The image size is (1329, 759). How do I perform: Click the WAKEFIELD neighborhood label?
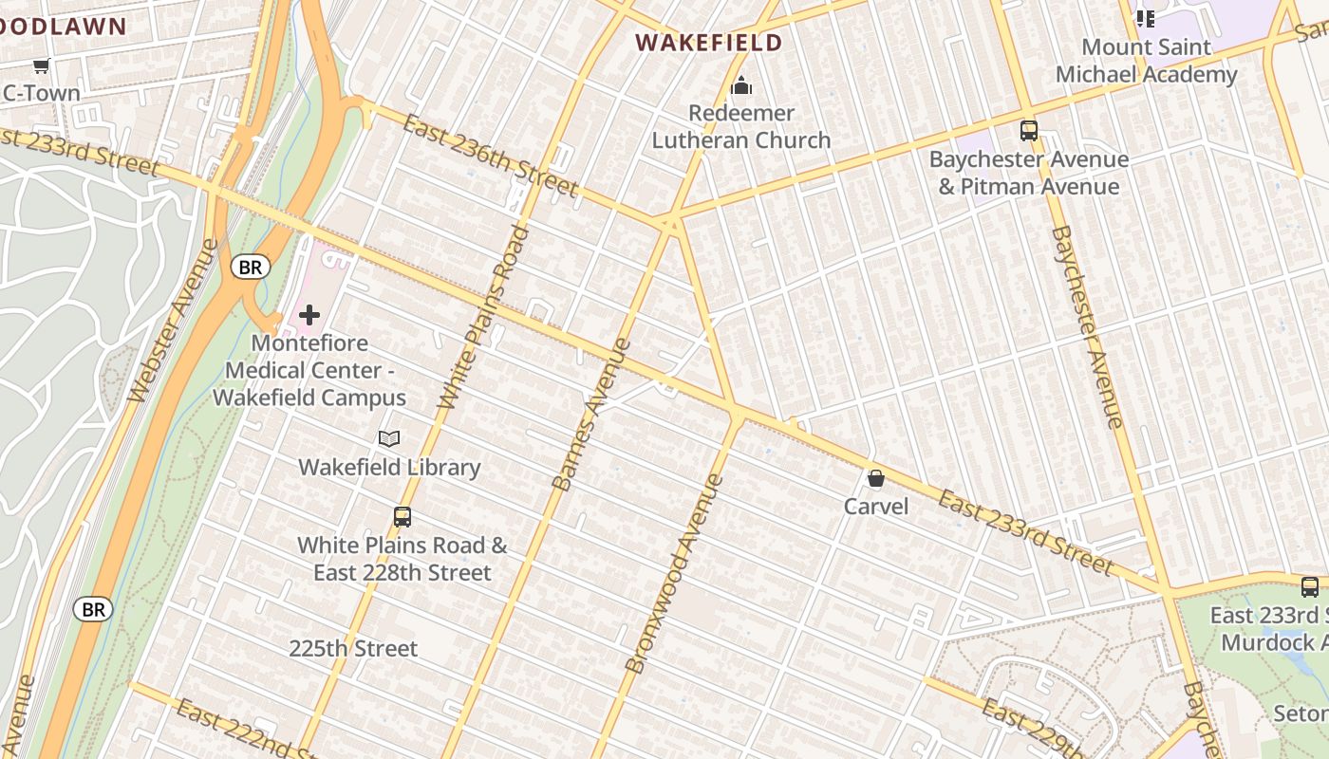(708, 43)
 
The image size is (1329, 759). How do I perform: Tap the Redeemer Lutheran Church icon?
(741, 87)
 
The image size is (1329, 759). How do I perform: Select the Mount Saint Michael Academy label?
(1146, 61)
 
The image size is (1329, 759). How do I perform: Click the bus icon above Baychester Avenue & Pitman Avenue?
(1028, 131)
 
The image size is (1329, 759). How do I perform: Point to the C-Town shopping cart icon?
(41, 66)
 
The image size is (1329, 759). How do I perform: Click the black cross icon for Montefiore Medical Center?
(309, 315)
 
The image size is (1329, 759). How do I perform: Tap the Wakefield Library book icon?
(389, 438)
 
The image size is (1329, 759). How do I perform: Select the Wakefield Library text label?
(389, 468)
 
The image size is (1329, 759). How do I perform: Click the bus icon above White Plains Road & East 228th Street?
(402, 517)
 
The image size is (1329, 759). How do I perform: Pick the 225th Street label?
(353, 649)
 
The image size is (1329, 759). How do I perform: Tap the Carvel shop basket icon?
(876, 479)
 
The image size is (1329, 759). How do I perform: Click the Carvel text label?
(876, 507)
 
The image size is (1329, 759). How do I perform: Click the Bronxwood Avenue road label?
(675, 574)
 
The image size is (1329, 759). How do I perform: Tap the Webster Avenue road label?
(173, 320)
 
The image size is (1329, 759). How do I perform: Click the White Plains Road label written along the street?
(483, 318)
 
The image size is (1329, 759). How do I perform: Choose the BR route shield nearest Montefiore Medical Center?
(250, 268)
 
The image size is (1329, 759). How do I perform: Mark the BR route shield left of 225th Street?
(93, 609)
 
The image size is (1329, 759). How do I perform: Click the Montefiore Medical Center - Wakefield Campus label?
(309, 370)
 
